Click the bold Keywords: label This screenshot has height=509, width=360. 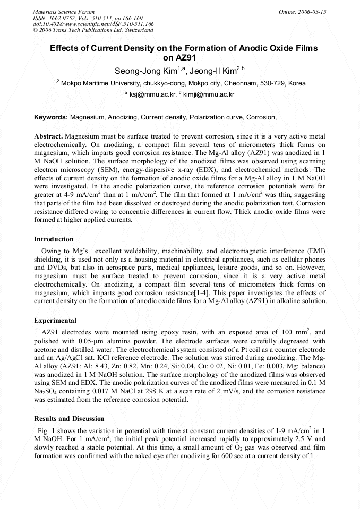click(51, 117)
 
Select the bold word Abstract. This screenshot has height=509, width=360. click(49, 136)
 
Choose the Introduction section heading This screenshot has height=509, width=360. click(54, 239)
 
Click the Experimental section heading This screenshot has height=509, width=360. click(55, 321)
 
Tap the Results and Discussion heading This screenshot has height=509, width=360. click(69, 419)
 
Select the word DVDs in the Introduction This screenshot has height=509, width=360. click(45, 268)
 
